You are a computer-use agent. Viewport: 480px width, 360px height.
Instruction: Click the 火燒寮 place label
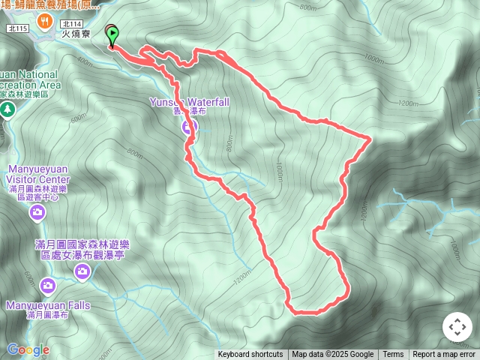coord(76,34)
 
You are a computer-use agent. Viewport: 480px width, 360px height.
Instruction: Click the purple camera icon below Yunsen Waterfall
coord(187,127)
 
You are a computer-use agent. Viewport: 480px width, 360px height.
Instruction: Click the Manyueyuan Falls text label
coord(48,305)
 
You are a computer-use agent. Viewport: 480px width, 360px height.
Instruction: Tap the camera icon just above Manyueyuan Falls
coord(48,285)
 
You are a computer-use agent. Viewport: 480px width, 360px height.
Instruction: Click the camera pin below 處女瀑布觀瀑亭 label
coord(82,273)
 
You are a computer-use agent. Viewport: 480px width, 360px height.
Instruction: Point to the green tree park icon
coord(8,109)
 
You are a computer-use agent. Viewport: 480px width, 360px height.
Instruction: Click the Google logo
coord(28,349)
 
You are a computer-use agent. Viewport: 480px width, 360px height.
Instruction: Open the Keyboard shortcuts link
coord(250,355)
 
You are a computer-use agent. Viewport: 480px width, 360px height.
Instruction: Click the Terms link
coord(393,355)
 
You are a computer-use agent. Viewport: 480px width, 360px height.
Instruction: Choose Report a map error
coord(444,355)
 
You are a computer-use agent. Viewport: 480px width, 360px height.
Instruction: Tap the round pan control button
coord(457,328)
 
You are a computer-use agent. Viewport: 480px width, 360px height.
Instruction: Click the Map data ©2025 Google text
coord(332,355)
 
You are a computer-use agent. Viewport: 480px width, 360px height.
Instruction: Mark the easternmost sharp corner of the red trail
coord(371,138)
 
